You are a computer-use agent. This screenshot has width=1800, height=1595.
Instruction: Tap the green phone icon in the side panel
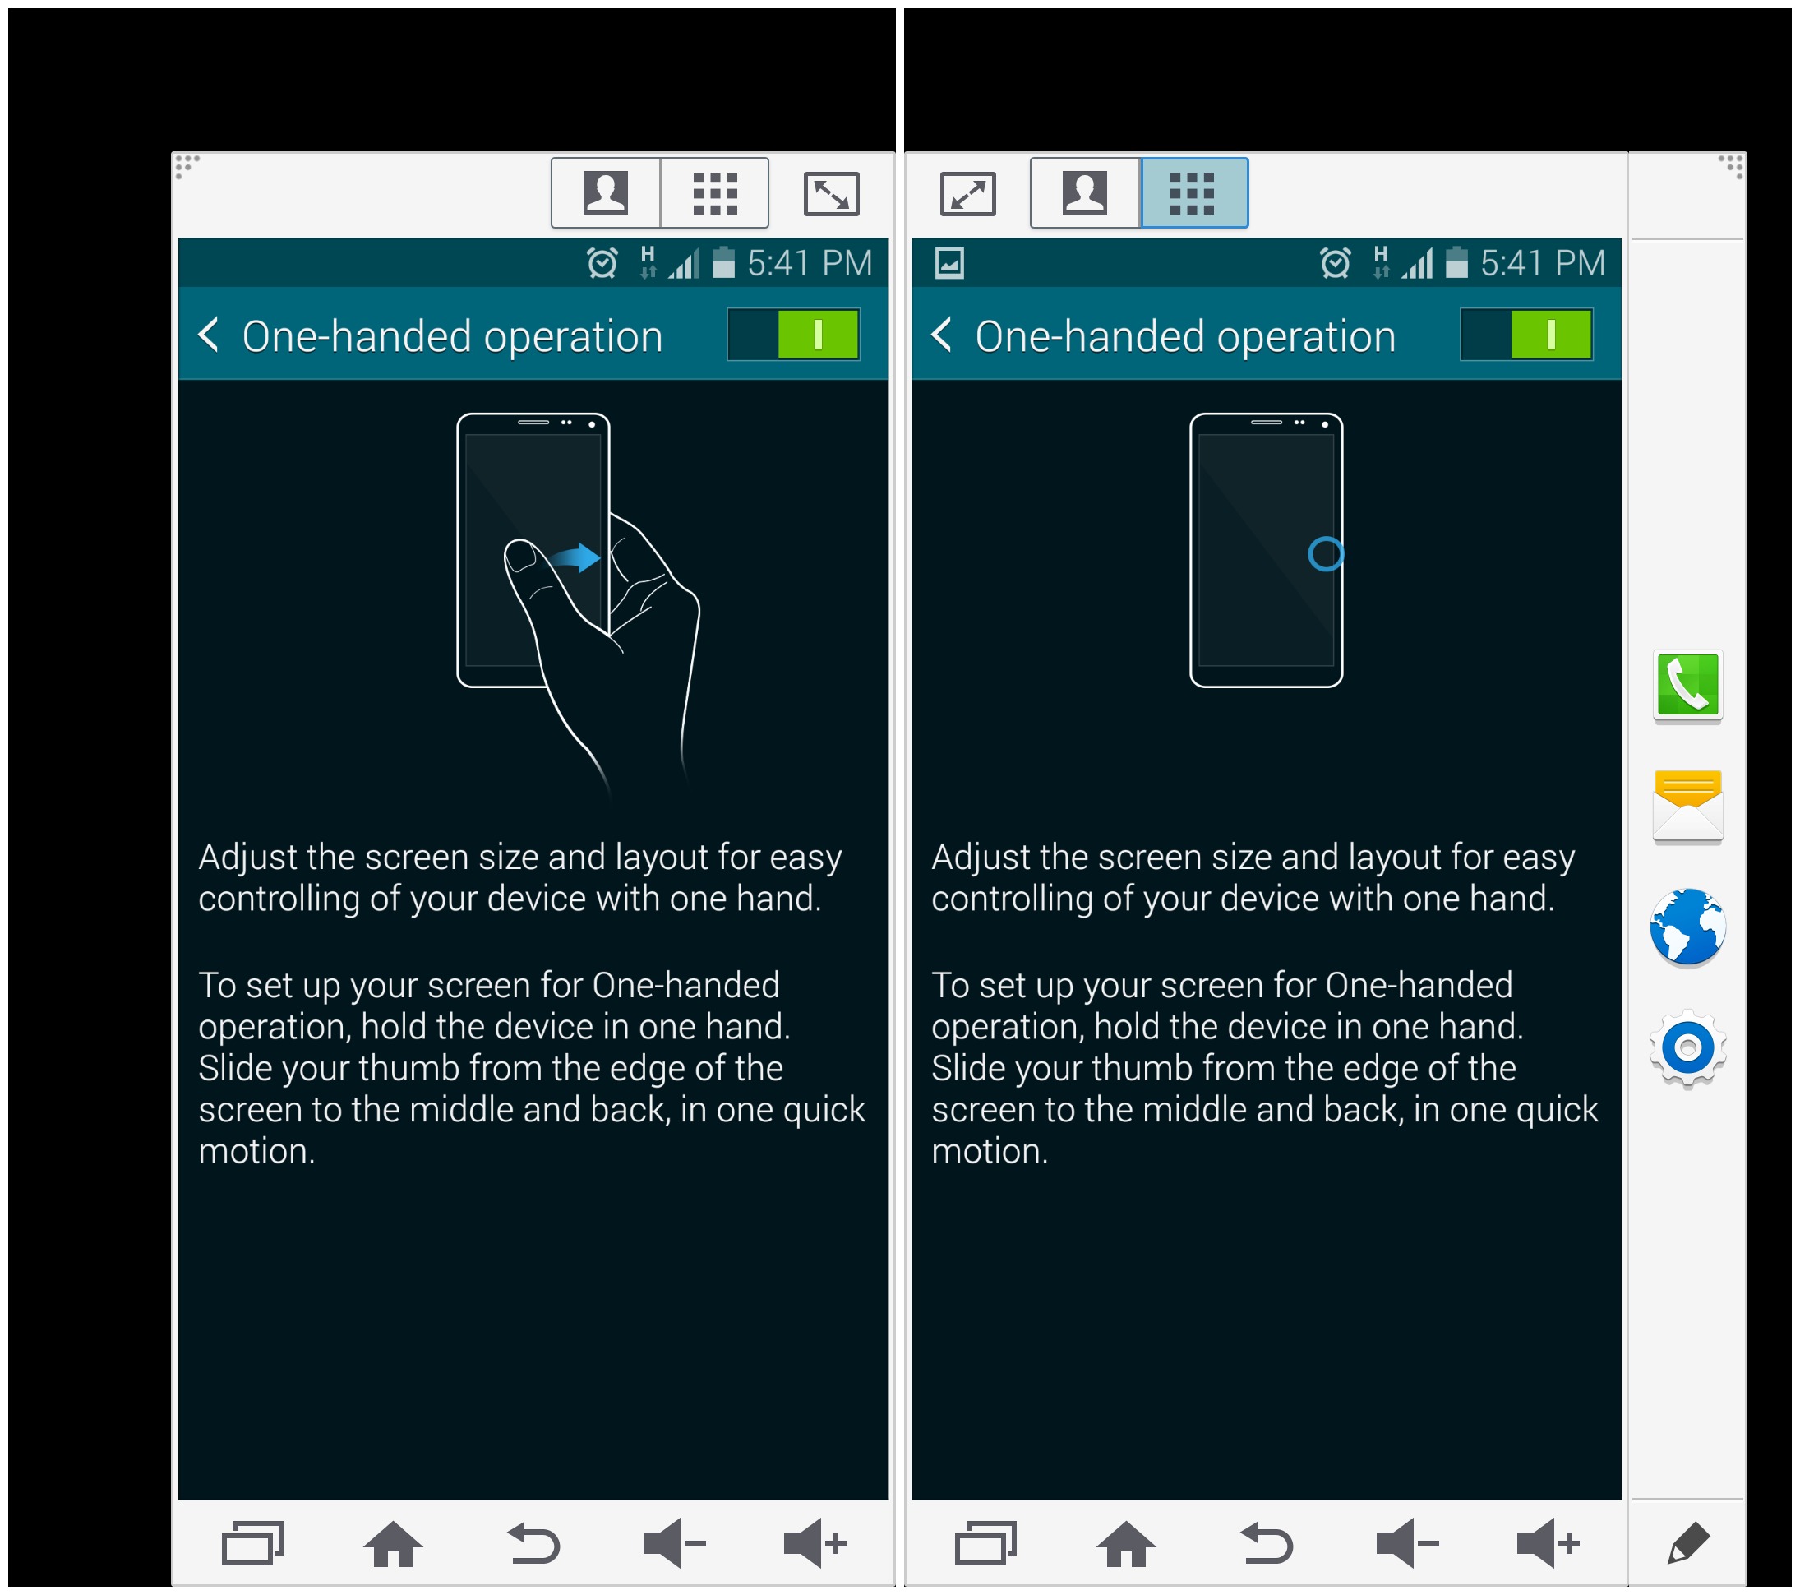[x=1687, y=686]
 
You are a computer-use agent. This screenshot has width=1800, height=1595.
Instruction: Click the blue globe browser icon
[x=1687, y=927]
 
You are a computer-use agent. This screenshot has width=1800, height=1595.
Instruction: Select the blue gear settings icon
[x=1687, y=1048]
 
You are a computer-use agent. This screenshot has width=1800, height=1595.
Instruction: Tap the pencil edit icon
[x=1688, y=1544]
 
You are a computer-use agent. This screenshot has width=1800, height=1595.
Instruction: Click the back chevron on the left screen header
[x=209, y=335]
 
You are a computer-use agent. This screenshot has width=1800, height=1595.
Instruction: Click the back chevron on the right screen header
[x=941, y=335]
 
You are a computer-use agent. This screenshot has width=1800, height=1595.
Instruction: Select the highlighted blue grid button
[x=1193, y=193]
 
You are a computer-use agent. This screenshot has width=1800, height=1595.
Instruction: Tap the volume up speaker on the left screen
[x=815, y=1543]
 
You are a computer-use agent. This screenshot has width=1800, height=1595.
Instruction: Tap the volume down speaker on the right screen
[x=1407, y=1543]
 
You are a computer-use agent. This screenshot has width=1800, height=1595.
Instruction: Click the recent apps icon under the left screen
[x=253, y=1543]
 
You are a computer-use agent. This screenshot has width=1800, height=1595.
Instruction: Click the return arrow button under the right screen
[x=1267, y=1544]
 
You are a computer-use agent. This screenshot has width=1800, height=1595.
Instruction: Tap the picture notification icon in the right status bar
[x=949, y=262]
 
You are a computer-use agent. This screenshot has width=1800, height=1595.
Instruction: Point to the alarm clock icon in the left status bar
[x=602, y=262]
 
